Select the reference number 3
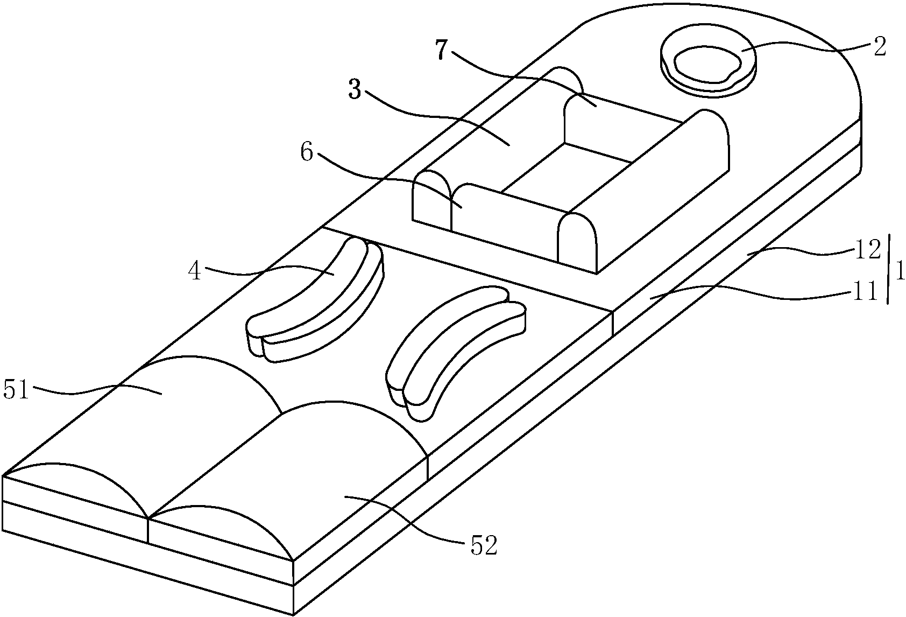click(x=355, y=90)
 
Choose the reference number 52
click(x=484, y=546)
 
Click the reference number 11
click(x=865, y=291)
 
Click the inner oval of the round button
click(x=707, y=65)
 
